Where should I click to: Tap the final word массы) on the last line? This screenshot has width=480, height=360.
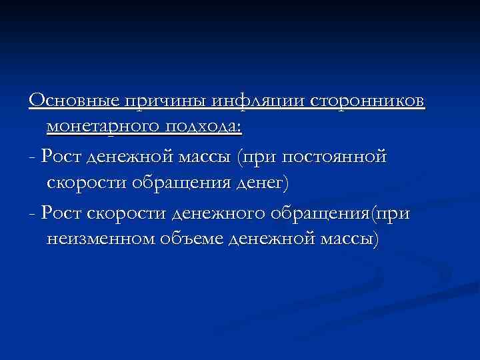point(349,239)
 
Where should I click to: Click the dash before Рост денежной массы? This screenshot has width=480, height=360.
point(33,157)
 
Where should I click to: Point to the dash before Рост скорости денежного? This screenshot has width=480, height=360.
point(33,213)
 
